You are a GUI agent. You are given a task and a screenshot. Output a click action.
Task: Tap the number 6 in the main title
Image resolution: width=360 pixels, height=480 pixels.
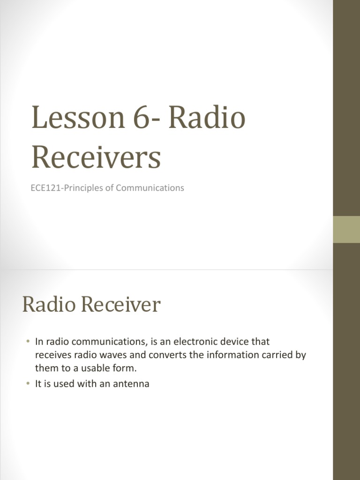(135, 118)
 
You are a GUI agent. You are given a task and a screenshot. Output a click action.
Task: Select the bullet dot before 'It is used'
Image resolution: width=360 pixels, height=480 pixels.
(28, 384)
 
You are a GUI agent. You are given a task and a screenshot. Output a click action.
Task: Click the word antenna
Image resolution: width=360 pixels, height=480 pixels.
(132, 384)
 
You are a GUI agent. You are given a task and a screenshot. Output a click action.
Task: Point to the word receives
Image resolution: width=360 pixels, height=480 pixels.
(52, 355)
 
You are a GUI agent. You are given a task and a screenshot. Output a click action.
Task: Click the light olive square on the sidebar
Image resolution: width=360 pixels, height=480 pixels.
(346, 229)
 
